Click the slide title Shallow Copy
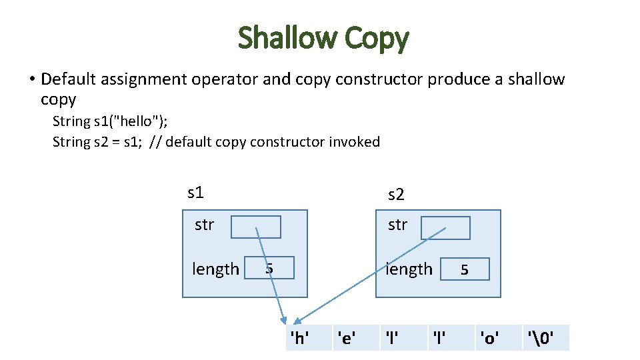[x=323, y=38]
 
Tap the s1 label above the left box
[x=195, y=193]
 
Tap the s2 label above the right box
[x=396, y=195]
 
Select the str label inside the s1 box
[x=204, y=225]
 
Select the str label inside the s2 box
[x=397, y=225]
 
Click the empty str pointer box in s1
[x=255, y=227]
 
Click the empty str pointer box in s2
[x=445, y=227]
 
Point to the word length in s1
[x=215, y=269]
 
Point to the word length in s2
[x=409, y=269]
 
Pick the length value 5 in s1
[x=269, y=269]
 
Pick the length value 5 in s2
[x=465, y=269]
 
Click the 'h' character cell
[x=300, y=338]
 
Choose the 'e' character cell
[x=347, y=338]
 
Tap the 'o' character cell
[x=489, y=338]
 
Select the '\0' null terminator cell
[x=539, y=338]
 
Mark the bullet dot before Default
[x=31, y=80]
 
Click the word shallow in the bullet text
[x=536, y=79]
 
